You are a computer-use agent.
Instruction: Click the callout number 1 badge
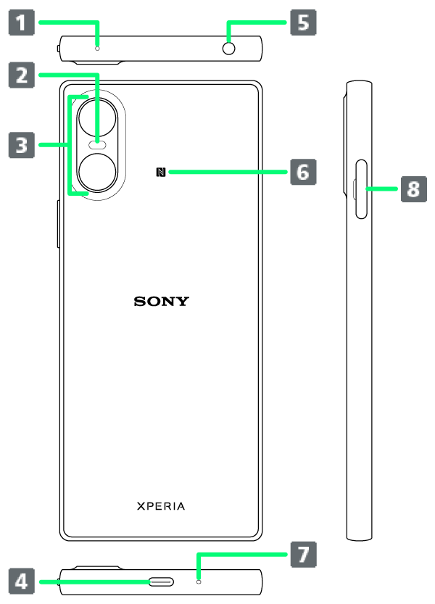(x=22, y=22)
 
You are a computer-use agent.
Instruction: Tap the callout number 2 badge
(x=22, y=75)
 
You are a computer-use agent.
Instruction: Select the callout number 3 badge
(x=22, y=145)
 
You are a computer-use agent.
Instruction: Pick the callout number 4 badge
(x=22, y=581)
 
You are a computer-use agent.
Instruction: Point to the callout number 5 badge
(x=303, y=22)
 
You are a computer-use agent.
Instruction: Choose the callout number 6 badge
(x=303, y=172)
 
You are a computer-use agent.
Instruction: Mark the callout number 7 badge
(x=303, y=555)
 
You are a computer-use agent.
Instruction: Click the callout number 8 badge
(x=413, y=189)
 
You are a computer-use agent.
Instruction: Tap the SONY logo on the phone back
(x=161, y=301)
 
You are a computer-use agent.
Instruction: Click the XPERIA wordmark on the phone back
(x=161, y=506)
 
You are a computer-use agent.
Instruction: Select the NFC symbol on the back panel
(x=160, y=172)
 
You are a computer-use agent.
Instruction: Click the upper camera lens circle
(x=98, y=116)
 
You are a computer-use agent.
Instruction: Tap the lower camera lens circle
(x=98, y=173)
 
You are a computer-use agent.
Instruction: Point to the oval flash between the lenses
(x=97, y=144)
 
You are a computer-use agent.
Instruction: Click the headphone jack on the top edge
(x=230, y=49)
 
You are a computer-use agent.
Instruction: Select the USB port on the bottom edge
(x=161, y=582)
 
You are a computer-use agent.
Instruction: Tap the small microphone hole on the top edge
(x=97, y=49)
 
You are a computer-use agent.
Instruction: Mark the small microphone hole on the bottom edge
(x=198, y=582)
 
